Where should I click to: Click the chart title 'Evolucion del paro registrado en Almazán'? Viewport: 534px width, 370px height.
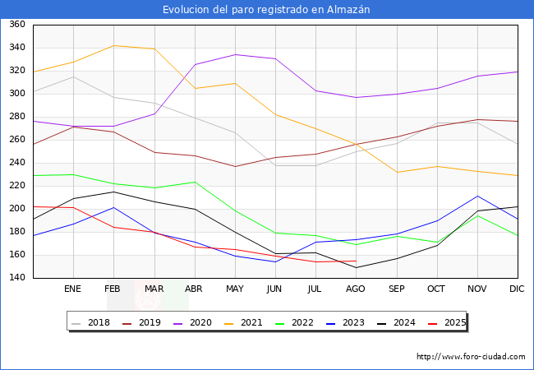click(x=266, y=10)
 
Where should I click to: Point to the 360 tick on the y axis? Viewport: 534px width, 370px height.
click(x=16, y=25)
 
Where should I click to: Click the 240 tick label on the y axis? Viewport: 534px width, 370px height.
click(x=16, y=163)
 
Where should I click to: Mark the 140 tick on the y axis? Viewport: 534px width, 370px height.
click(x=16, y=278)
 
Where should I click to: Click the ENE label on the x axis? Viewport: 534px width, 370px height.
click(x=73, y=289)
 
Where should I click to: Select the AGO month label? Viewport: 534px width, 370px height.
click(x=356, y=289)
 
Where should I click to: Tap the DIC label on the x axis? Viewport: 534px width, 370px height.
click(x=517, y=289)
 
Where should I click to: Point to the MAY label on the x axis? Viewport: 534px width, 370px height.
click(x=235, y=289)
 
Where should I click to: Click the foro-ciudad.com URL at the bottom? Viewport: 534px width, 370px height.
click(x=471, y=357)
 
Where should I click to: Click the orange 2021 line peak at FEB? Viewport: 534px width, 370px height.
click(x=114, y=45)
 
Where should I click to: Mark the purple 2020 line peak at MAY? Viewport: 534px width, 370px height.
click(x=235, y=54)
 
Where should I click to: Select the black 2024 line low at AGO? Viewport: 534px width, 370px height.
click(x=356, y=267)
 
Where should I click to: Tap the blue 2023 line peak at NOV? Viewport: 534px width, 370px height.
click(x=477, y=196)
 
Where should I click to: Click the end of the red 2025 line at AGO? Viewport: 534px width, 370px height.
click(x=356, y=261)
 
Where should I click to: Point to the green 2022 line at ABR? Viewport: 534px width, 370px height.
click(x=195, y=182)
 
